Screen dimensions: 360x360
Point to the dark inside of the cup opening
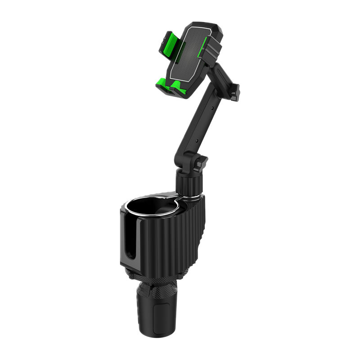(153, 211)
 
